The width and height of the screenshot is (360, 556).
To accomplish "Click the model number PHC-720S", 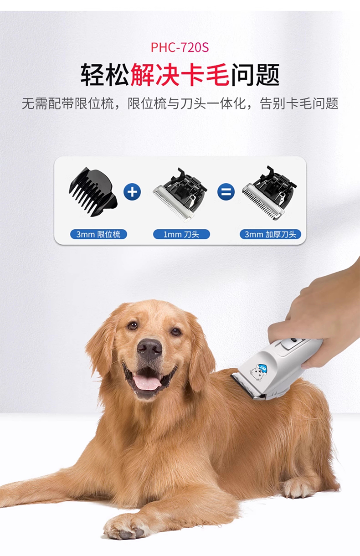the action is pyautogui.click(x=180, y=47).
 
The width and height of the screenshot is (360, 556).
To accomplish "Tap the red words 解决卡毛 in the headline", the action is pyautogui.click(x=180, y=75).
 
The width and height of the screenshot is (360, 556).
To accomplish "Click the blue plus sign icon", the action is pyautogui.click(x=132, y=192).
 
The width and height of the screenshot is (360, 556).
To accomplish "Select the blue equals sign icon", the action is pyautogui.click(x=226, y=192).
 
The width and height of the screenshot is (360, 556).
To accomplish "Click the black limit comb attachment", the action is pyautogui.click(x=93, y=191).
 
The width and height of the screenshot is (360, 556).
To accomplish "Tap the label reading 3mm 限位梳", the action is pyautogui.click(x=98, y=234).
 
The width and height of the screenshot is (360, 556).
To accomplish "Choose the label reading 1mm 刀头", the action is pyautogui.click(x=181, y=234).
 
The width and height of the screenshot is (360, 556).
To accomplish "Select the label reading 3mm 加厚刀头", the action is pyautogui.click(x=270, y=234).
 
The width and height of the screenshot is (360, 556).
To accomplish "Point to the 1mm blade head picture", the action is pyautogui.click(x=180, y=195).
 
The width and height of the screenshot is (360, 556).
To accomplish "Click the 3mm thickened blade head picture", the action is pyautogui.click(x=270, y=193).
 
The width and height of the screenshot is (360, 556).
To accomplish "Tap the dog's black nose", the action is pyautogui.click(x=149, y=348).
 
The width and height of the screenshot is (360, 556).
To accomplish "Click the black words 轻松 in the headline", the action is pyautogui.click(x=105, y=75).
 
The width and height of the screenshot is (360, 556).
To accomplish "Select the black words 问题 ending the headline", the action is pyautogui.click(x=255, y=75).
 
